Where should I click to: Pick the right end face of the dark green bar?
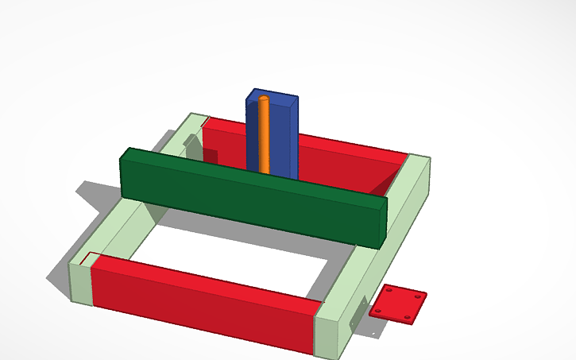(383, 222)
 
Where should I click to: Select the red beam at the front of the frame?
(203, 300)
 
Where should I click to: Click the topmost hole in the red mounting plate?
(390, 290)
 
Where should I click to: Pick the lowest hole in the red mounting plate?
(407, 317)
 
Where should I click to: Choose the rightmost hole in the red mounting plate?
(419, 296)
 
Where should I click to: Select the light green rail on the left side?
(119, 230)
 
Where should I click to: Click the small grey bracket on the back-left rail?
(191, 145)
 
